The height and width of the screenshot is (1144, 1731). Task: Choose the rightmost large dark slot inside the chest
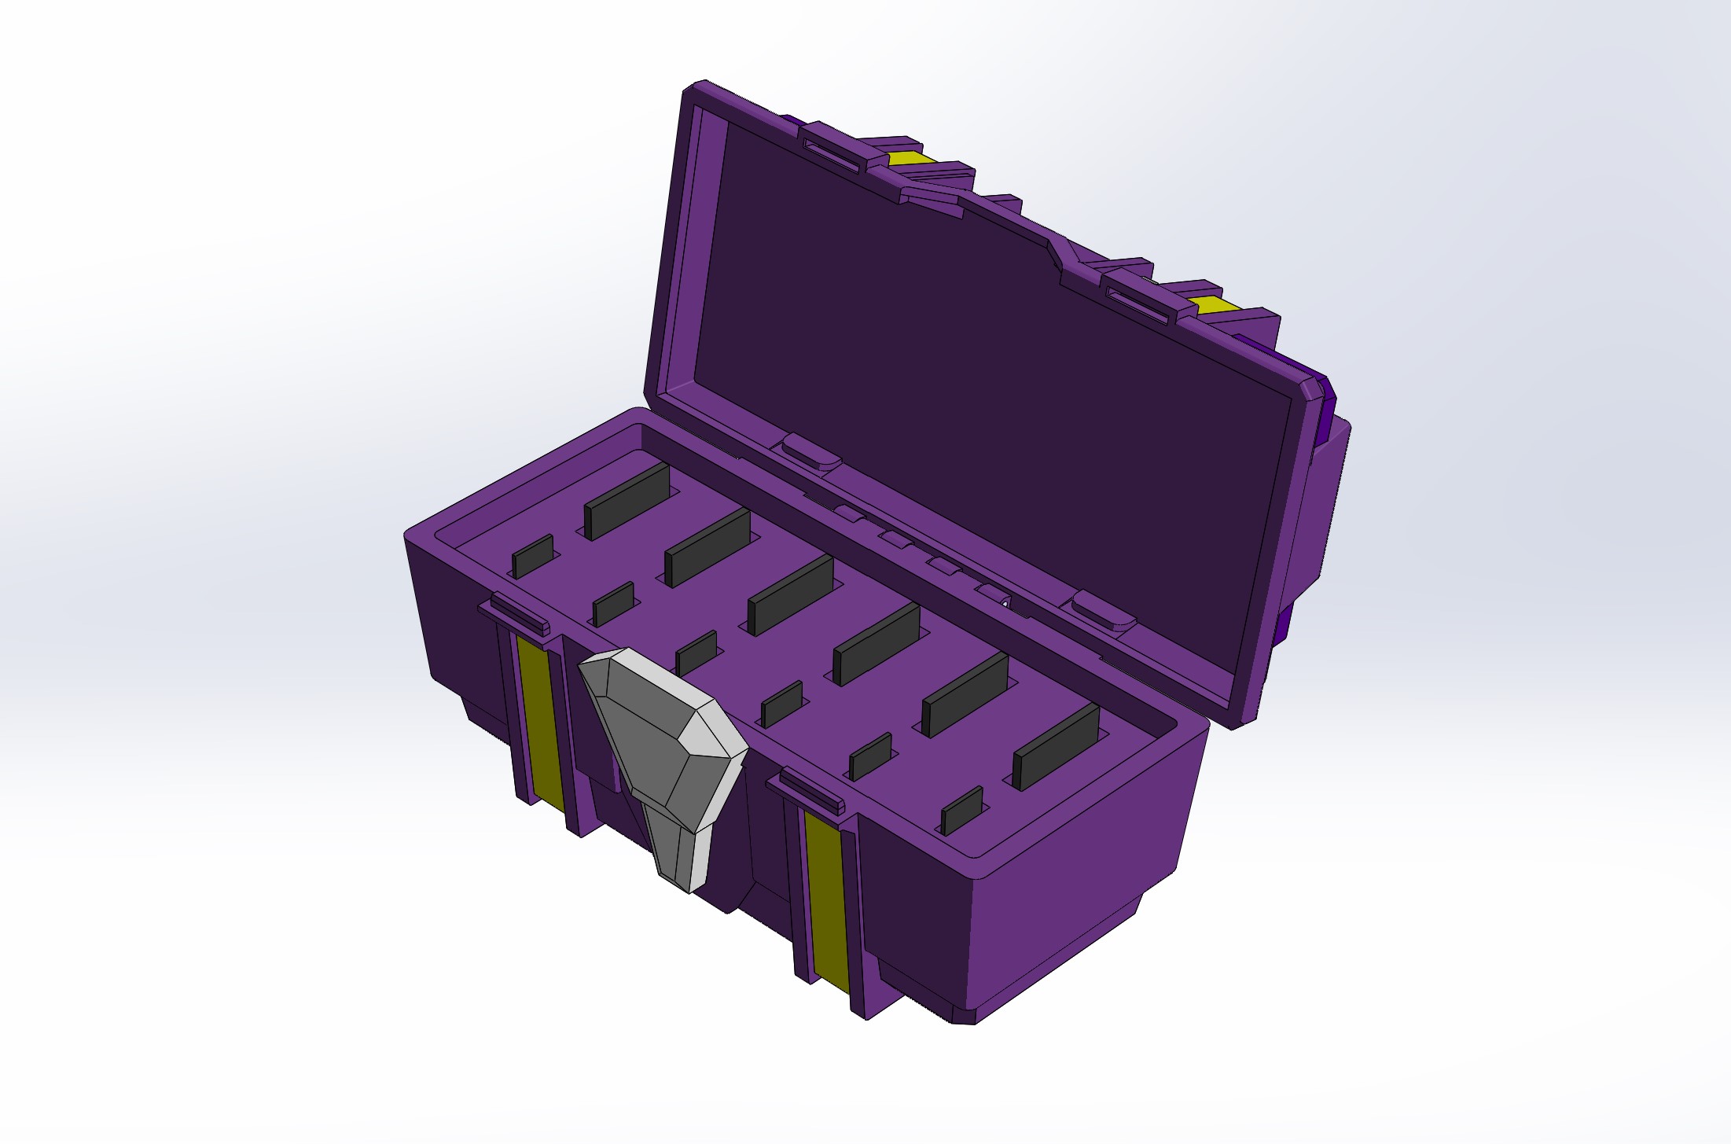pyautogui.click(x=1056, y=745)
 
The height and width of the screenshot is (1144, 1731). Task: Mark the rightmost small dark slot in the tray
pyautogui.click(x=962, y=810)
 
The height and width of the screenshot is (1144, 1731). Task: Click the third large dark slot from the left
pyautogui.click(x=791, y=594)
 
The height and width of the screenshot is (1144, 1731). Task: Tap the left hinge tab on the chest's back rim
pyautogui.click(x=807, y=453)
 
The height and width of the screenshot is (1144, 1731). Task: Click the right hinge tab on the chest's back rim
pyautogui.click(x=1104, y=612)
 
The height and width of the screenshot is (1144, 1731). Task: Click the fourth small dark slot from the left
pyautogui.click(x=782, y=704)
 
